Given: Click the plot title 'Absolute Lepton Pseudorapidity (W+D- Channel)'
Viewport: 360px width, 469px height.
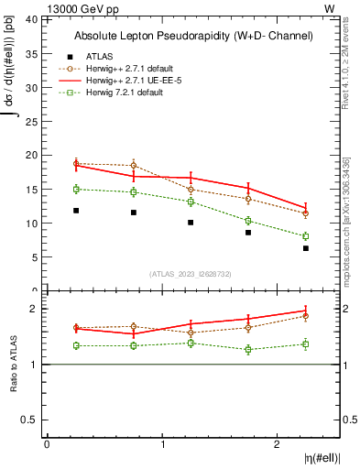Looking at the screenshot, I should coord(193,36).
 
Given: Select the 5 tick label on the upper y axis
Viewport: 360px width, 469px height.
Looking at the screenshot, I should coord(34,256).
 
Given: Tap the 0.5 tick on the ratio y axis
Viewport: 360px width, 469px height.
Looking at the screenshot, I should coord(29,420).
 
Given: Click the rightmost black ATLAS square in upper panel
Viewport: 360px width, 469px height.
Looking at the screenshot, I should coord(306,248).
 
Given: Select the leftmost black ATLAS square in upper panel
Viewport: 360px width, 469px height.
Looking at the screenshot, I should coord(76,211).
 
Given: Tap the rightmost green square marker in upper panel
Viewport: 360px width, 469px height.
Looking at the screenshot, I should coord(306,236).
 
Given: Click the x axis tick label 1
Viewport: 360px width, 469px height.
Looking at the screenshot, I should coord(163,444).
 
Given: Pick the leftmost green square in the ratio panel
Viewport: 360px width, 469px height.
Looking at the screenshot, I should coord(76,345).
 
